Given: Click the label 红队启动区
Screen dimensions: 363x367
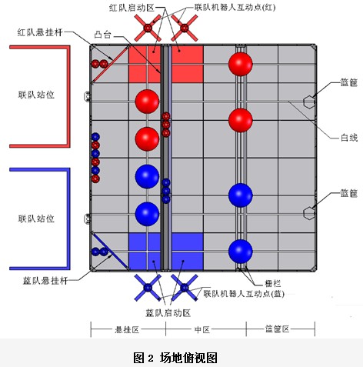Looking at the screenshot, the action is point(132,8).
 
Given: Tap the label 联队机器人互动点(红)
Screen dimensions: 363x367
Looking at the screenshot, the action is point(235,7).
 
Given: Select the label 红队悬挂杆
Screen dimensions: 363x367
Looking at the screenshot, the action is point(40,32).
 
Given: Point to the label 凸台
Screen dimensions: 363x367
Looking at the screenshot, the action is point(103,35).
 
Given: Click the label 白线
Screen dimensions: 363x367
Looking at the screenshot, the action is point(349,138).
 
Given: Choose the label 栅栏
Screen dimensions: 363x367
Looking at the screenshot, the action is point(272,283).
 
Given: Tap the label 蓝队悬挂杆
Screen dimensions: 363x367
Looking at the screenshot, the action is point(45,281).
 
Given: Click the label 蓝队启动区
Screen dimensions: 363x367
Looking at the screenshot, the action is point(168,313).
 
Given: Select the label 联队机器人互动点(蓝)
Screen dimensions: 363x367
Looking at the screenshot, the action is point(244,294).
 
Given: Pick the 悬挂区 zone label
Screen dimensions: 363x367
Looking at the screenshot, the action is point(127,329).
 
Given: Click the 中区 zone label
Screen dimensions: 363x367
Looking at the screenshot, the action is point(202,329).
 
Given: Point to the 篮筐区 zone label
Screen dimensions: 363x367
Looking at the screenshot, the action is point(277,329).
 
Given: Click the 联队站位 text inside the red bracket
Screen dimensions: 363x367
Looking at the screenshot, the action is point(36,95).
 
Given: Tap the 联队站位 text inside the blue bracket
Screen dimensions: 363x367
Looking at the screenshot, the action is point(36,219).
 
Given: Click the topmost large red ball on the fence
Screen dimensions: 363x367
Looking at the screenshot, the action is point(241,64).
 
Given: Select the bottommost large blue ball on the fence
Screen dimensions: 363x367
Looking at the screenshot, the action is point(241,252).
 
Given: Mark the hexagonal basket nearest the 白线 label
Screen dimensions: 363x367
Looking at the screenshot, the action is point(309,102).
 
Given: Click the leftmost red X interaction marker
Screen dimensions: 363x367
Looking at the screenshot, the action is point(148,28).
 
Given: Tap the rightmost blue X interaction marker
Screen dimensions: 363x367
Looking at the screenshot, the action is point(185,288).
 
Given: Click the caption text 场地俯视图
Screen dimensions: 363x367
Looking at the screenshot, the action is point(188,357).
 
